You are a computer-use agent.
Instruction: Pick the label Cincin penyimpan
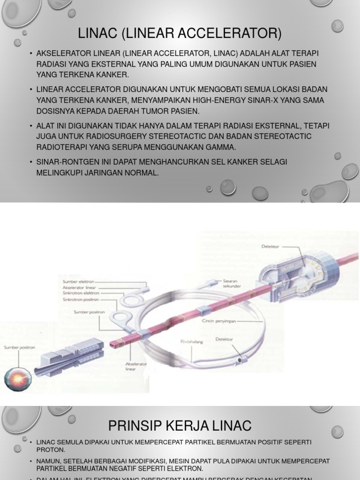pyautogui.click(x=219, y=322)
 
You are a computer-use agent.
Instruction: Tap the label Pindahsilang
pyautogui.click(x=192, y=342)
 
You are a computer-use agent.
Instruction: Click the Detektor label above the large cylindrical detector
pyautogui.click(x=270, y=247)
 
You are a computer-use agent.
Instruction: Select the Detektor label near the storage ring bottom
pyautogui.click(x=224, y=339)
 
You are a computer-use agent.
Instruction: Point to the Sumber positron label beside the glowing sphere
pyautogui.click(x=19, y=347)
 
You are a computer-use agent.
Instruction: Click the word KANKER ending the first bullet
pyautogui.click(x=112, y=75)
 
